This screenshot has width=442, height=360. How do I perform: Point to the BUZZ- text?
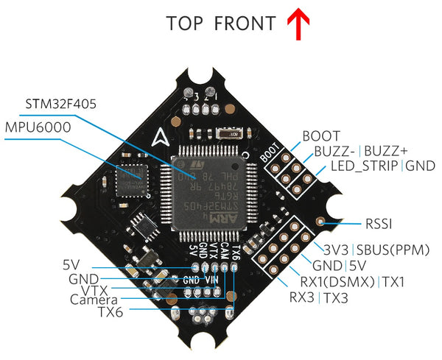tap(336, 152)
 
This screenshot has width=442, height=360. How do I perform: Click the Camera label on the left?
tap(94, 300)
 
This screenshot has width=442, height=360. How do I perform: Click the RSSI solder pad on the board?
tap(320, 222)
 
